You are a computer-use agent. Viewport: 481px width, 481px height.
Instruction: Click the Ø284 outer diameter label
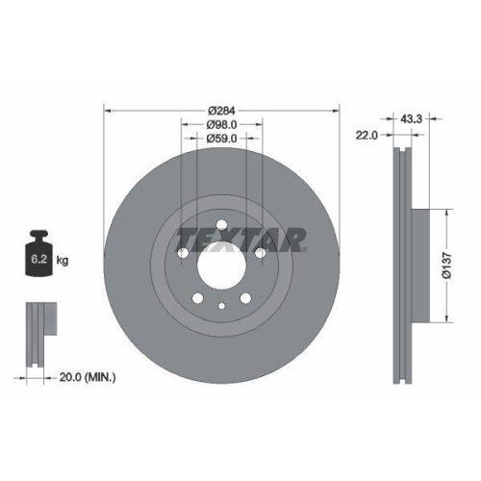(221, 110)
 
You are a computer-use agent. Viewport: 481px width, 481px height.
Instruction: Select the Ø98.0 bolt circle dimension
(221, 124)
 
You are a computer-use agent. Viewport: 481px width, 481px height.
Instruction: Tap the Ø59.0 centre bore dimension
(221, 139)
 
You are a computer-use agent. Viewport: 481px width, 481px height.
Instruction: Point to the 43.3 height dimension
(412, 118)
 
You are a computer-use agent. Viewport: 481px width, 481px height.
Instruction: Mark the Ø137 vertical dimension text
(446, 264)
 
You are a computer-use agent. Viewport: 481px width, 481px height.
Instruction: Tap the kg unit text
(64, 261)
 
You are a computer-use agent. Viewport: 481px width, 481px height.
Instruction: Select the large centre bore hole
(221, 262)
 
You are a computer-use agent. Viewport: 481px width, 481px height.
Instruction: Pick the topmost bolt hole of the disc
(221, 227)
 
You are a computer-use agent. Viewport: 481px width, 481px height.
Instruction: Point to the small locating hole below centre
(221, 306)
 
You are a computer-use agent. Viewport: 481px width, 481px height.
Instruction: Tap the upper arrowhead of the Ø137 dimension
(446, 210)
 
